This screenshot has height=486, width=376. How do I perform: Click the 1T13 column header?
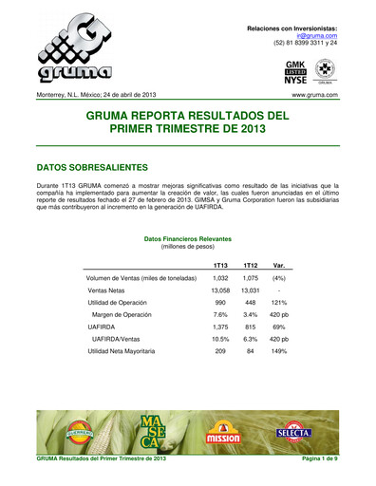[219, 265]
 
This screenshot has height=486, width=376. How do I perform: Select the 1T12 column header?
[251, 265]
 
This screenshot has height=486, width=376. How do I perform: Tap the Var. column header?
[280, 265]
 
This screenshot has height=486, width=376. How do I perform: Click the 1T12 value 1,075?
[251, 277]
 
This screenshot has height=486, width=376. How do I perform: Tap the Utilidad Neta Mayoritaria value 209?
[219, 351]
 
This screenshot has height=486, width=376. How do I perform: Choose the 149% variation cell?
[280, 351]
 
